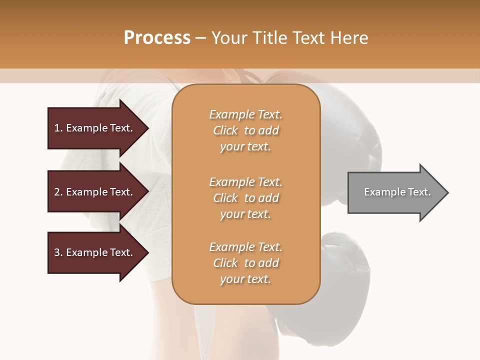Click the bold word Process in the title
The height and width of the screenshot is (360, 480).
(x=157, y=38)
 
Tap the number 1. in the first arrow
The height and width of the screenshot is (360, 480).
(x=58, y=128)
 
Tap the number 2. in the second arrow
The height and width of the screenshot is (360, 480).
(x=58, y=192)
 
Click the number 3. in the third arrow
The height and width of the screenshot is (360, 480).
(x=58, y=252)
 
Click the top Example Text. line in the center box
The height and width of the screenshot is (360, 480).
(x=245, y=115)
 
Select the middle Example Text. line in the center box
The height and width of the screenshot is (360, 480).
(x=245, y=182)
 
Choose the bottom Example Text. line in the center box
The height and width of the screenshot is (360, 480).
(x=245, y=247)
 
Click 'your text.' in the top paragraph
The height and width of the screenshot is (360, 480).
(x=245, y=147)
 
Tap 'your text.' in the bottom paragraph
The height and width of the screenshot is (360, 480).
(x=245, y=279)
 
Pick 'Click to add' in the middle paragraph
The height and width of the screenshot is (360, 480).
(x=245, y=198)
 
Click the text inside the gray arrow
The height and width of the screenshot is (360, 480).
(x=397, y=192)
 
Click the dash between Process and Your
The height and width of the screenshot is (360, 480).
(x=200, y=38)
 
